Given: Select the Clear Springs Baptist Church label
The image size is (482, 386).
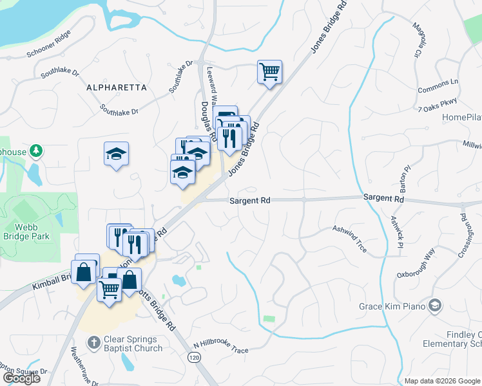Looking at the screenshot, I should point(134,344).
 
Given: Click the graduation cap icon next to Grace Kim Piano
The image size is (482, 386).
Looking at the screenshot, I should point(436,306).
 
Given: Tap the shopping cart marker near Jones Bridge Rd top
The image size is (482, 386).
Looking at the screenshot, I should point(269,71).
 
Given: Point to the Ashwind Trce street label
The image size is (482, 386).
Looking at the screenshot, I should point(349,234).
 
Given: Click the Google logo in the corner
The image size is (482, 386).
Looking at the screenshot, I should point(21,378).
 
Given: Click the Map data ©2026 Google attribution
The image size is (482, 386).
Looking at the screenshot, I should point(442,381).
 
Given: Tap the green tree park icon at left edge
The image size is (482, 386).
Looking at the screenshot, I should point(37,151).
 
